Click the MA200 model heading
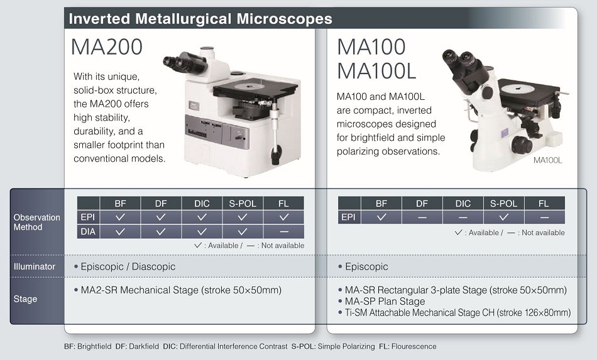click(107, 47)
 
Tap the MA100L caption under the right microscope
click(547, 160)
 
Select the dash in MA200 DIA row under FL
click(283, 231)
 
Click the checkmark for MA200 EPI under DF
click(161, 217)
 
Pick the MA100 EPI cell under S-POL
click(504, 217)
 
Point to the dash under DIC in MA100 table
click(463, 217)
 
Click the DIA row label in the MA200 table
click(88, 231)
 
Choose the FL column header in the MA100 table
click(544, 204)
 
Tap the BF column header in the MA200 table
click(120, 204)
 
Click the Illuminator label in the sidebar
click(35, 266)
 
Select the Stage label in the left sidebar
click(25, 298)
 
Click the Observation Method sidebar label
click(37, 222)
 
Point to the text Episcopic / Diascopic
click(128, 266)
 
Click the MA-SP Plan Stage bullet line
click(381, 302)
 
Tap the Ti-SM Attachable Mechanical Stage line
click(454, 313)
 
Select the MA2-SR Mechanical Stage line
click(178, 290)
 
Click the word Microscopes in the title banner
click(285, 19)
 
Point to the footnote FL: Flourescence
click(408, 346)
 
